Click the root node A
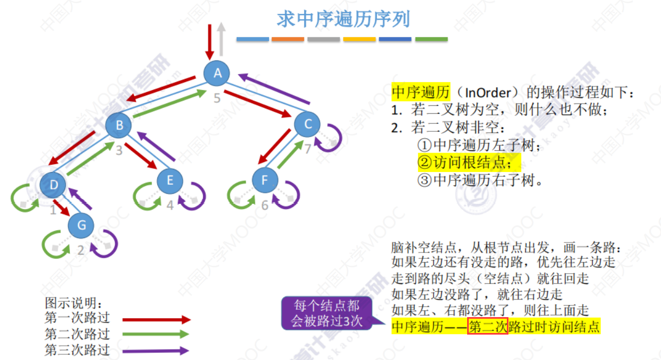(x=217, y=74)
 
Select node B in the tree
(x=119, y=125)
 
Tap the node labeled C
(x=308, y=124)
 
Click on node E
(x=169, y=181)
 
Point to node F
(x=265, y=181)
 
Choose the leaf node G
(x=81, y=226)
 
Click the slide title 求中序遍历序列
(x=343, y=20)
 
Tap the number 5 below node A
(x=217, y=98)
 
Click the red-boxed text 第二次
(x=488, y=327)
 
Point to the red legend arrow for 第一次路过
(x=156, y=320)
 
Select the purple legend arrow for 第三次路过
(x=156, y=350)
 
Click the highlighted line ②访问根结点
(x=469, y=163)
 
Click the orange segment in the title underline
(x=288, y=39)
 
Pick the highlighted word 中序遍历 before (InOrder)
(x=421, y=92)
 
